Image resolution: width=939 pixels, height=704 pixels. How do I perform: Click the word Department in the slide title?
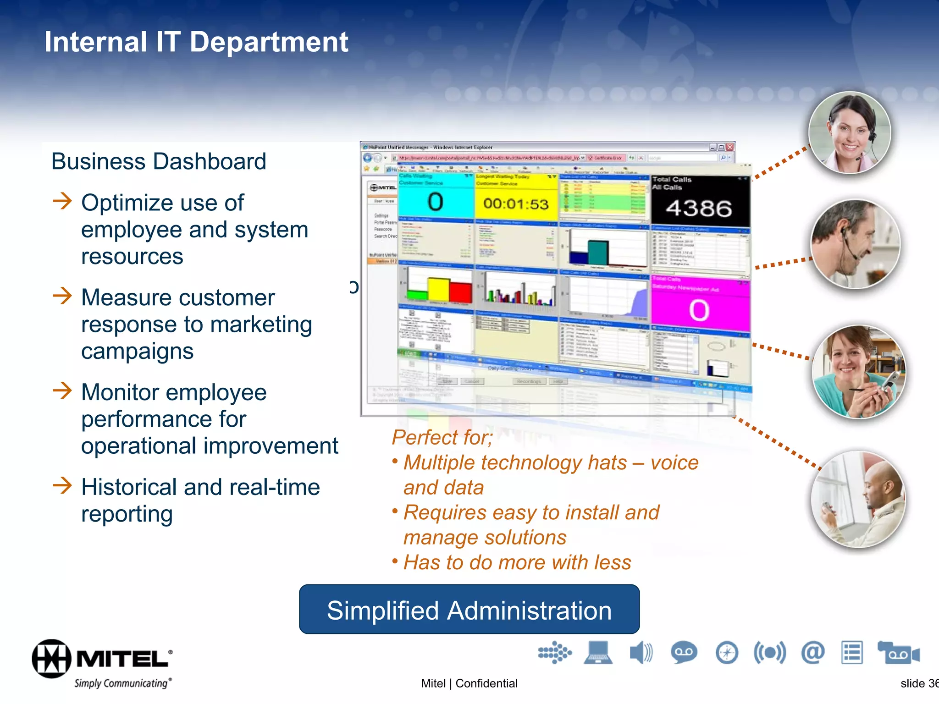[x=269, y=42]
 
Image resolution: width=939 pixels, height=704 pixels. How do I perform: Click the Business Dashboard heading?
[x=159, y=161]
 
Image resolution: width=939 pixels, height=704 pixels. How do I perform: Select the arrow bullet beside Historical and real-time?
[x=62, y=485]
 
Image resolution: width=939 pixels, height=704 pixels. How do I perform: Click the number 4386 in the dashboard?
[x=698, y=209]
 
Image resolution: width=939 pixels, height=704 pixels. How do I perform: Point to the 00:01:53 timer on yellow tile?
[x=516, y=203]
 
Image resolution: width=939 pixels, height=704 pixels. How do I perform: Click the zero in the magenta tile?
[x=699, y=310]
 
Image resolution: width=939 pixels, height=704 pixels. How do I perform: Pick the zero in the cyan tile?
[x=435, y=202]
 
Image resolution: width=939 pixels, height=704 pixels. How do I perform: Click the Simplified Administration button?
[x=469, y=610]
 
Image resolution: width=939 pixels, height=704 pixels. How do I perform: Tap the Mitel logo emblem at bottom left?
[x=51, y=659]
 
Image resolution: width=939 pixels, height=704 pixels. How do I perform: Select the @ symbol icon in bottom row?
[x=812, y=652]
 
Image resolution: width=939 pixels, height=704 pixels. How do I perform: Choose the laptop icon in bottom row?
[x=598, y=653]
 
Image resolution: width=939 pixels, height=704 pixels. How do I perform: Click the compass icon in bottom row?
[x=727, y=653]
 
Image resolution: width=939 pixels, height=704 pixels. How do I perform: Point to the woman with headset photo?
[x=850, y=133]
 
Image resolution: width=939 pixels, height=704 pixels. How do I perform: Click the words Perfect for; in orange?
[x=442, y=437]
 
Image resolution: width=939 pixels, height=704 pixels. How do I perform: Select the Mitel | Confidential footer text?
[x=469, y=683]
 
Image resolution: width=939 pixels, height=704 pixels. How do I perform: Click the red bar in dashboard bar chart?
[x=460, y=292]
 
